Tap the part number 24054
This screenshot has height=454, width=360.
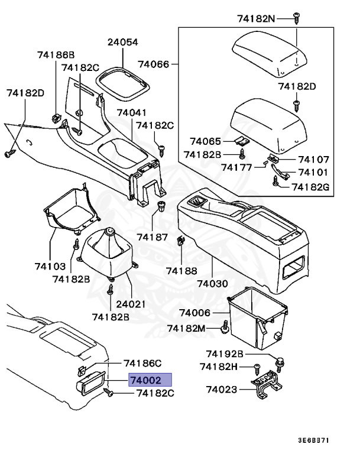122,43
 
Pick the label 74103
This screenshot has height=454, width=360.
50,267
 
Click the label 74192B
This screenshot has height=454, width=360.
225,354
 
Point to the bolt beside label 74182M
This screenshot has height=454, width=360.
225,326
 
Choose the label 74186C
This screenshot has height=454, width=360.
142,363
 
